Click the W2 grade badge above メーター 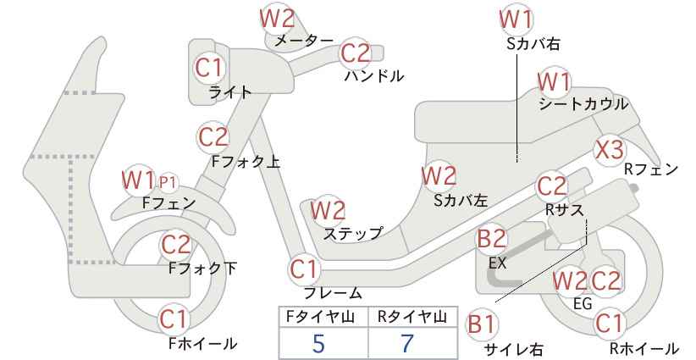[x=277, y=19]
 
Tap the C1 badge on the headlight [x=209, y=68]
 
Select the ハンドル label [x=374, y=76]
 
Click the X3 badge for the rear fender [x=610, y=150]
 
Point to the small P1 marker [x=168, y=182]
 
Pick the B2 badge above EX [x=491, y=239]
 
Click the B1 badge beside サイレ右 [x=482, y=324]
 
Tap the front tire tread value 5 [x=319, y=343]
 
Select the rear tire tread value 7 [x=407, y=343]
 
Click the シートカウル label [x=583, y=104]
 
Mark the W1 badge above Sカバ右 [x=516, y=19]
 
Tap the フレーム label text [x=333, y=292]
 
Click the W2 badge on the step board [x=328, y=210]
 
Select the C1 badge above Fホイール [x=174, y=319]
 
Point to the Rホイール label [x=644, y=348]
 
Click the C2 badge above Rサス [x=552, y=187]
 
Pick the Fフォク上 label [x=246, y=161]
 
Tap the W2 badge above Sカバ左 [x=439, y=176]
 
